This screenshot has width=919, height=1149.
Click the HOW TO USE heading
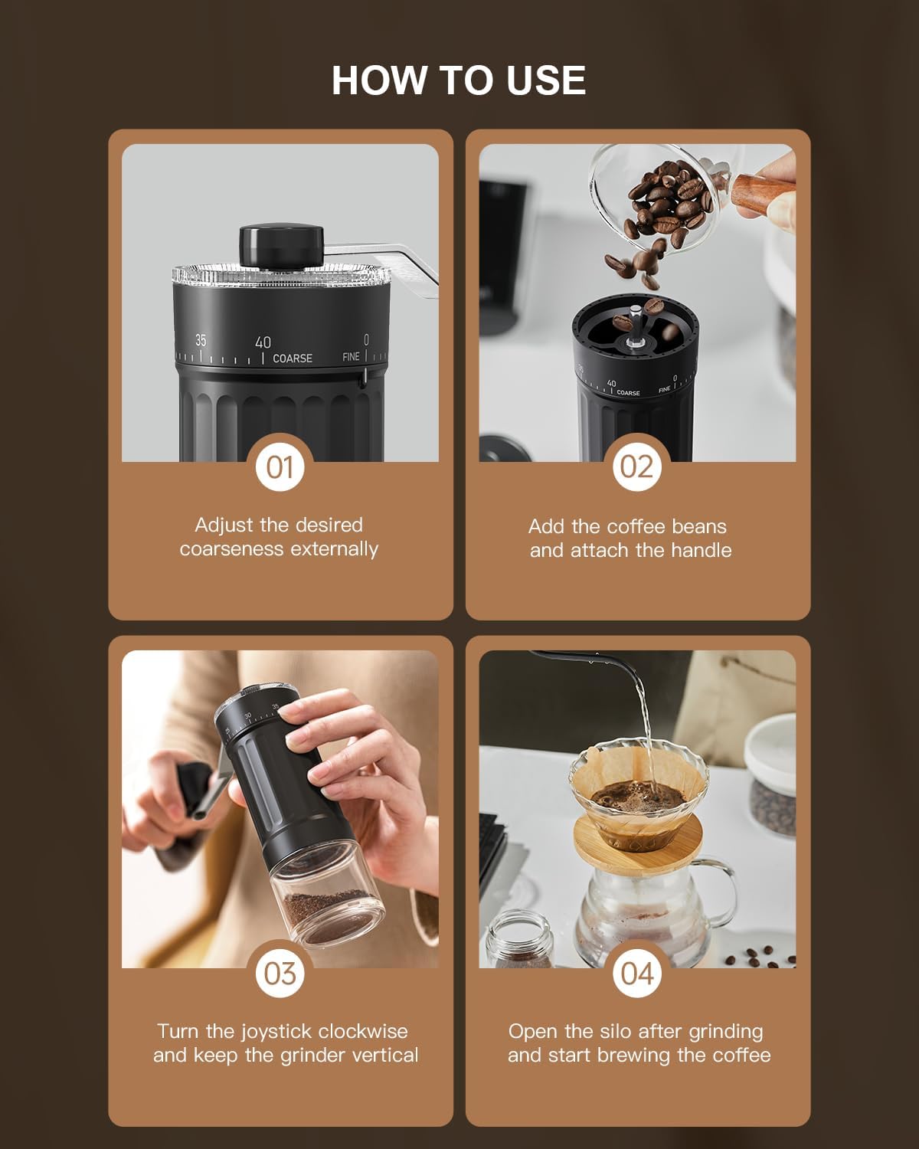click(x=459, y=80)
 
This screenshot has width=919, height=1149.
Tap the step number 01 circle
click(x=280, y=466)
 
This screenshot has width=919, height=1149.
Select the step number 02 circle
click(x=636, y=466)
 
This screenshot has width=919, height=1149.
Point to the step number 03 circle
click(x=280, y=973)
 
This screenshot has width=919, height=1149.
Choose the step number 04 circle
click(x=636, y=973)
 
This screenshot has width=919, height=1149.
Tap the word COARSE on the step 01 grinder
click(x=293, y=358)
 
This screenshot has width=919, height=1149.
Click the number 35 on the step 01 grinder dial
click(x=201, y=341)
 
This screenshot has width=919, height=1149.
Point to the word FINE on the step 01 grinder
click(x=350, y=357)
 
